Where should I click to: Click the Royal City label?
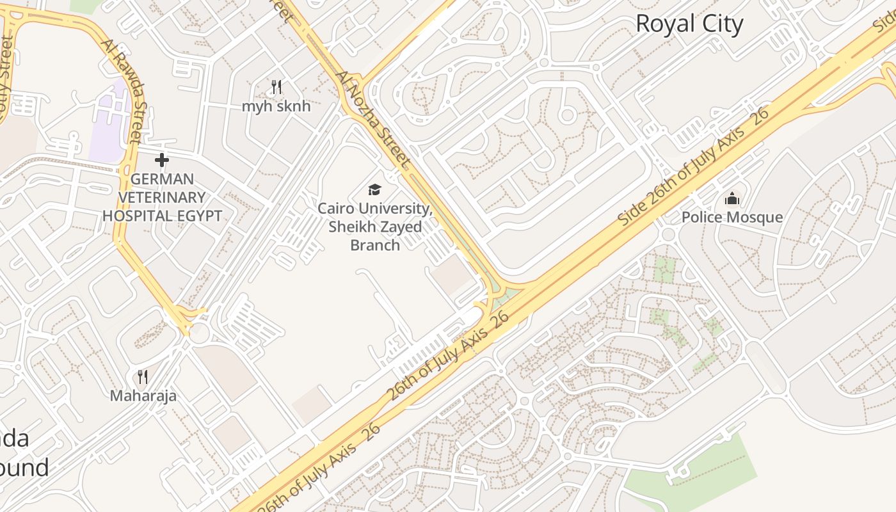click(x=689, y=24)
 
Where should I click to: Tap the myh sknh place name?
click(x=276, y=106)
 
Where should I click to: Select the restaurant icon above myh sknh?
click(x=276, y=86)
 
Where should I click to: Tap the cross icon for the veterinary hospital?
click(x=162, y=159)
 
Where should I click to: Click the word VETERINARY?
click(x=162, y=197)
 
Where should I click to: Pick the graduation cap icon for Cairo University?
click(x=374, y=189)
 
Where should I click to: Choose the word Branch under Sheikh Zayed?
click(x=375, y=244)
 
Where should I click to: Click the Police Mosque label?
click(x=732, y=218)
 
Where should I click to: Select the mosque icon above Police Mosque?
click(x=732, y=199)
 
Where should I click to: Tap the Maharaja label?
click(x=143, y=396)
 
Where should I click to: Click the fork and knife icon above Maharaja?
click(x=143, y=376)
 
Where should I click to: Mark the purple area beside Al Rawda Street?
click(x=109, y=122)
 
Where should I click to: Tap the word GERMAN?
click(x=162, y=179)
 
